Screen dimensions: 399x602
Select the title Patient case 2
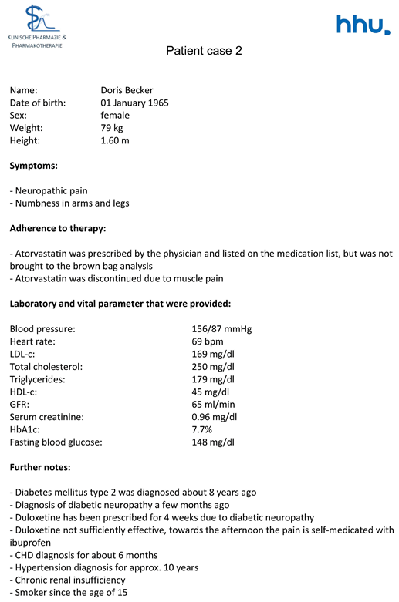tap(204, 51)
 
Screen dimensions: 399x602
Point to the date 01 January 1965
tap(134, 103)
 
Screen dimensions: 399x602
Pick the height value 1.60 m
tap(115, 140)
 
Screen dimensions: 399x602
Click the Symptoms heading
tap(34, 165)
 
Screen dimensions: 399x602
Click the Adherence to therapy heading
tap(57, 228)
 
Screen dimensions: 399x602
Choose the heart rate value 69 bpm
tap(208, 341)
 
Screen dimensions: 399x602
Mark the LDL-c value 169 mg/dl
tap(212, 354)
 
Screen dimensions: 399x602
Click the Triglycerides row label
tap(36, 379)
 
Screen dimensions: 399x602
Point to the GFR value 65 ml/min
tap(211, 404)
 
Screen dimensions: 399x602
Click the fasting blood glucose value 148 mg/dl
tap(212, 442)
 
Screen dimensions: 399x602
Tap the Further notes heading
tap(40, 467)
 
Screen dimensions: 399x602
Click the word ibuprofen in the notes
tap(31, 542)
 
